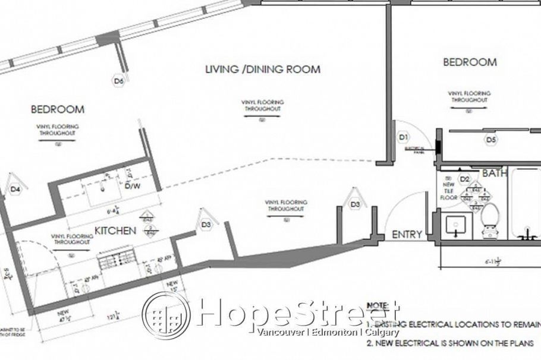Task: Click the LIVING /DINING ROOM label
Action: pos(262,70)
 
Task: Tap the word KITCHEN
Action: pos(116,230)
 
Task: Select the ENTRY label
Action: pos(407,235)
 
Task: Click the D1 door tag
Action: pos(404,137)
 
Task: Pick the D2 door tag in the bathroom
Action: pos(465,179)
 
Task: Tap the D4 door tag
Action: pos(15,190)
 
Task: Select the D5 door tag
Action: pos(490,140)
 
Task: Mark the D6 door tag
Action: pos(118,81)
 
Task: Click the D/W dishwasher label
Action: pos(132,187)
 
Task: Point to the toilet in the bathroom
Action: pos(489,219)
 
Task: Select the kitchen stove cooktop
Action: pos(116,260)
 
